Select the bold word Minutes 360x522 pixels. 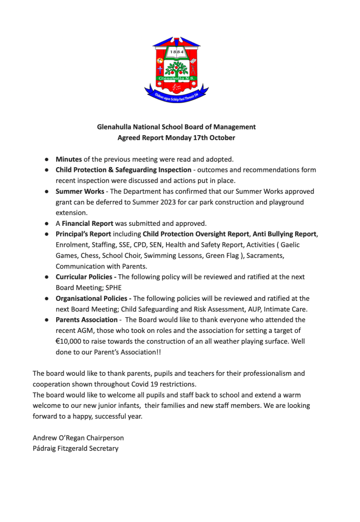pyautogui.click(x=69, y=160)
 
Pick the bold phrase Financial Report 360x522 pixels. pyautogui.click(x=87, y=223)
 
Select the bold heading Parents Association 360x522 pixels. pyautogui.click(x=87, y=320)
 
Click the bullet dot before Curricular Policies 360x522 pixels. pyautogui.click(x=46, y=277)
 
